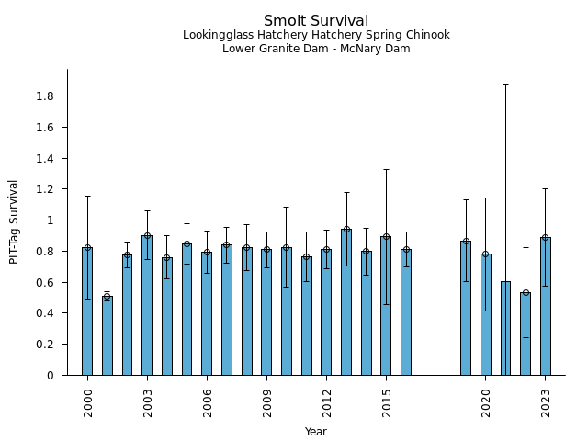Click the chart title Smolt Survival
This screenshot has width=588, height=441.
point(316,21)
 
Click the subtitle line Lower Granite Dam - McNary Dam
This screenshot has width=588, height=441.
point(316,49)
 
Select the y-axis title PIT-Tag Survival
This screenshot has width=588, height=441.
point(14,221)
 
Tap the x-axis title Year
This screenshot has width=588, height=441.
point(316,432)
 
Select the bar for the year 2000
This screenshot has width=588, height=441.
point(87,312)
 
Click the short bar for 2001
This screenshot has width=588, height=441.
point(107,336)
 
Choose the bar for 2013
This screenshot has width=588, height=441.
point(346,302)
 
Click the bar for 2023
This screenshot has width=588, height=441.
point(545,307)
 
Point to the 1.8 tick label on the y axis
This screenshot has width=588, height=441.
point(44,96)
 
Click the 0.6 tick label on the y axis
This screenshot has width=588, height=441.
point(44,282)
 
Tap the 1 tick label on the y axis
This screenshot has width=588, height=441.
point(51,220)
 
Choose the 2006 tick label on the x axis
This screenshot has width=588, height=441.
point(207,401)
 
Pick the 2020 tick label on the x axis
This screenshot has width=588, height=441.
point(486,401)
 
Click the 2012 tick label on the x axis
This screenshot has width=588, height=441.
point(326,401)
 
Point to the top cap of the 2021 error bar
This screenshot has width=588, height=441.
point(505,84)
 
